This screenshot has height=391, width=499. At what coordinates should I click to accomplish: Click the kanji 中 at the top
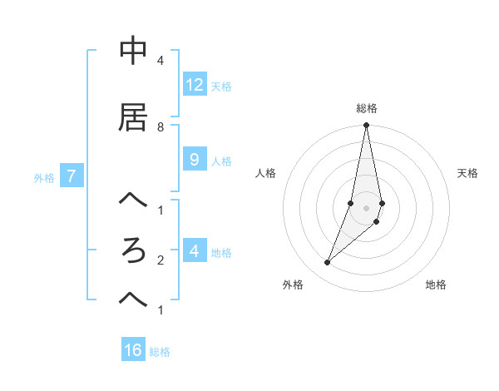(x=133, y=52)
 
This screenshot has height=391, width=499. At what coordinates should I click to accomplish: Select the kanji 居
(x=133, y=117)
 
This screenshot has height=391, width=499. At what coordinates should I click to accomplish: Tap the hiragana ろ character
(x=133, y=250)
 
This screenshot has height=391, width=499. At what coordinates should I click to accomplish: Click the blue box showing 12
(x=195, y=85)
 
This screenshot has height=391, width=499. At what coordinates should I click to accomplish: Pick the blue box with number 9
(x=195, y=160)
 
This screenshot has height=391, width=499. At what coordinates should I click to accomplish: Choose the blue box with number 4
(x=195, y=251)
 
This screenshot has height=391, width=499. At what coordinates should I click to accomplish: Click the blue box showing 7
(x=72, y=176)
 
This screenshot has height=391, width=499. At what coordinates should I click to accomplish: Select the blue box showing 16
(x=133, y=350)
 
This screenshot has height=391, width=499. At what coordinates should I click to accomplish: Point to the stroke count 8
(x=161, y=126)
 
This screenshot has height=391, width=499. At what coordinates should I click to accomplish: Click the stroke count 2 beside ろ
(x=161, y=260)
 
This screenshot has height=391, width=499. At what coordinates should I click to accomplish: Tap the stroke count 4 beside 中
(x=161, y=61)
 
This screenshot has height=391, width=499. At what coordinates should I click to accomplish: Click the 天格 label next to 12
(x=221, y=87)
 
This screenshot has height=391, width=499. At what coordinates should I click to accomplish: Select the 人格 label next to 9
(x=221, y=161)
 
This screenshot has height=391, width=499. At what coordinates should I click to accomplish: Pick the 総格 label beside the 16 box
(x=160, y=352)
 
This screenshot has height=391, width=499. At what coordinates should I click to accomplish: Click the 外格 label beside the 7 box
(x=44, y=177)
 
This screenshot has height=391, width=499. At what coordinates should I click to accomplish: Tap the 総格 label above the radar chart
(x=367, y=108)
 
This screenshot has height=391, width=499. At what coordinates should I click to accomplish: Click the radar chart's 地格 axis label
(x=436, y=285)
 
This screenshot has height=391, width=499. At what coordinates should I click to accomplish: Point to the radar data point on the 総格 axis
(x=366, y=126)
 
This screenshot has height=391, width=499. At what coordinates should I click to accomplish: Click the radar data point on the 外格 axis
(x=328, y=262)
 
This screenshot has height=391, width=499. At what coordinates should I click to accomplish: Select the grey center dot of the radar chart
(x=366, y=207)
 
